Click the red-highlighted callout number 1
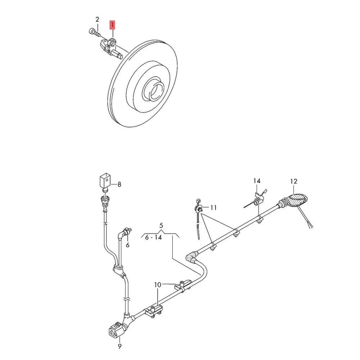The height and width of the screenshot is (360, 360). coord(112,25)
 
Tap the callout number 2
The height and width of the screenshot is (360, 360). coord(97,19)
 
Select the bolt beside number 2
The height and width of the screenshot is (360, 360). coord(94,32)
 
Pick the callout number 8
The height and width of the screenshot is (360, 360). coord(120,184)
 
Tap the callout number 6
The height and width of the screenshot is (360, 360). coord(128,245)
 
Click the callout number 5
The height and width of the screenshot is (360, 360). coord(161,225)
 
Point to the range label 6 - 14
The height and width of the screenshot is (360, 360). coord(153,237)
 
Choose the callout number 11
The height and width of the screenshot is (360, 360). coord(213,208)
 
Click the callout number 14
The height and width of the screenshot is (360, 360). coord(257,181)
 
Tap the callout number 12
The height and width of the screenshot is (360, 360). coord(294,181)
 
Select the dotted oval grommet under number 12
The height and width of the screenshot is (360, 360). coord(298,200)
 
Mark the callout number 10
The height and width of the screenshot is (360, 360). coord(158,285)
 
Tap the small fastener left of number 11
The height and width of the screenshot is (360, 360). coord(199,208)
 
